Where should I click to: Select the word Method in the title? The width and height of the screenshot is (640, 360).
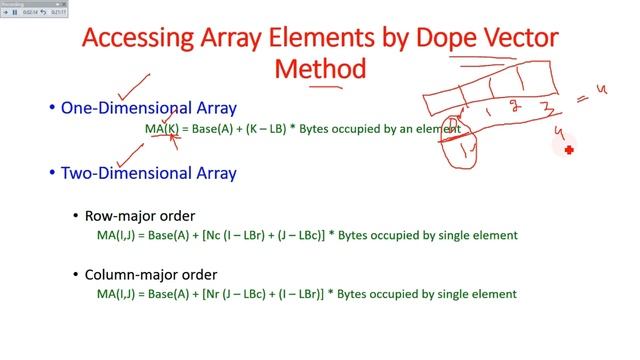(320, 69)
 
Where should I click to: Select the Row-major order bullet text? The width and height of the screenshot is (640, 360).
(141, 215)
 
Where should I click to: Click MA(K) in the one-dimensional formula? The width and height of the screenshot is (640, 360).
(161, 130)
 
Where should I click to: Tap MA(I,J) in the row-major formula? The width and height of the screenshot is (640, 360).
(117, 235)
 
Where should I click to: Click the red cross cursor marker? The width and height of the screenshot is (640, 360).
(569, 150)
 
